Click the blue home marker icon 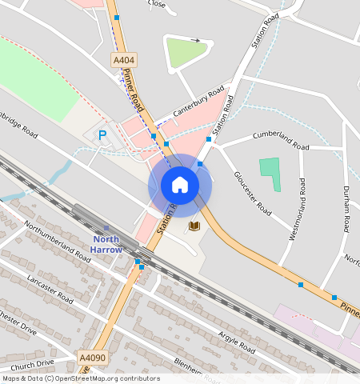(180, 186)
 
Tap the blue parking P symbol (102, 135)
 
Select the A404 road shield (123, 59)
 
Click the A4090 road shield (93, 358)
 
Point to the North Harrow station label (106, 244)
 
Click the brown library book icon (194, 226)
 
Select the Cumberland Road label (280, 141)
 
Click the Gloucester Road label (252, 192)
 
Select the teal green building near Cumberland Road (271, 172)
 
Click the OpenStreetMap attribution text (80, 378)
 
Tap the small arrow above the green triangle (195, 39)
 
